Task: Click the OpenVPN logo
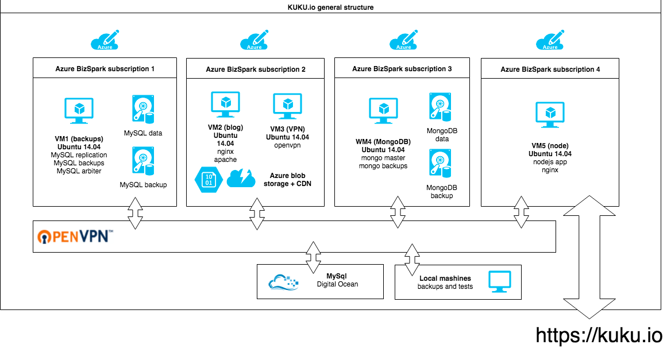pyautogui.click(x=75, y=237)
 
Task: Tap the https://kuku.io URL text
pyautogui.click(x=599, y=335)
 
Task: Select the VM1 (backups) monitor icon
pyautogui.click(x=79, y=110)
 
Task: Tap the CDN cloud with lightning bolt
pyautogui.click(x=241, y=179)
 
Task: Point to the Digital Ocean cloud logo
pyautogui.click(x=284, y=281)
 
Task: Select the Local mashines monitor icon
pyautogui.click(x=499, y=281)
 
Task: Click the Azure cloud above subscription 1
pyautogui.click(x=105, y=40)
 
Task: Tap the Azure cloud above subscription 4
pyautogui.click(x=550, y=40)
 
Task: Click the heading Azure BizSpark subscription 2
pyautogui.click(x=256, y=69)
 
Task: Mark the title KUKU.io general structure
pyautogui.click(x=331, y=7)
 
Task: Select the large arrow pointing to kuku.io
pyautogui.click(x=588, y=257)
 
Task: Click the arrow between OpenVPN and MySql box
pyautogui.click(x=314, y=257)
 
